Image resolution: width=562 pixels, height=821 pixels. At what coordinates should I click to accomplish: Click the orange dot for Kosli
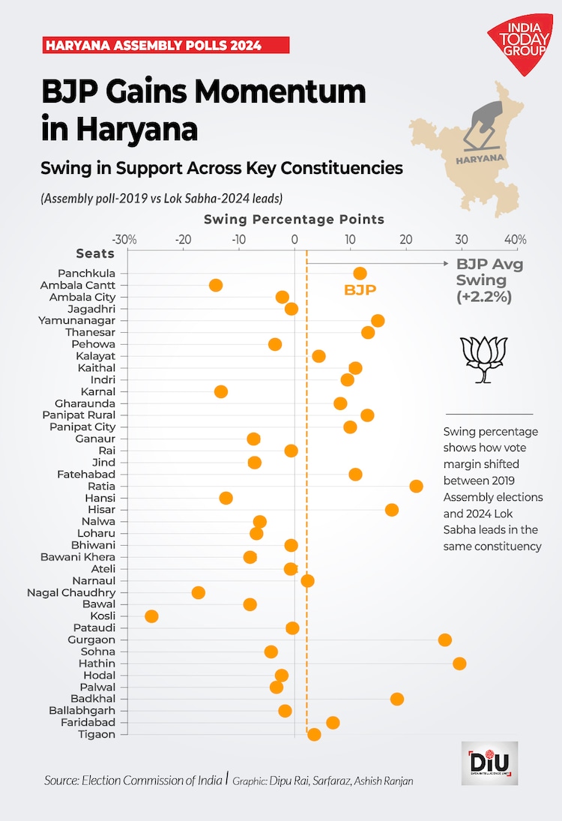[x=151, y=616]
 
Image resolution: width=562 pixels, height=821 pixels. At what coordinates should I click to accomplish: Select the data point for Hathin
[x=459, y=664]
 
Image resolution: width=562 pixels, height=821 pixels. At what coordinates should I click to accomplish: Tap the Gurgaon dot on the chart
[x=445, y=640]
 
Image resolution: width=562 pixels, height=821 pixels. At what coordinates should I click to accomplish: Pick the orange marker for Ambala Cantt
[x=216, y=285]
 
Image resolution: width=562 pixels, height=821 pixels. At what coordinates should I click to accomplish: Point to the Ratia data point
[x=417, y=486]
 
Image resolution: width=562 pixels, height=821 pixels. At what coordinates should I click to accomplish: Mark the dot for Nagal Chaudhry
[x=199, y=592]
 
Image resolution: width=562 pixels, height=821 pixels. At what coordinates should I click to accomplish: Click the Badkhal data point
[x=397, y=699]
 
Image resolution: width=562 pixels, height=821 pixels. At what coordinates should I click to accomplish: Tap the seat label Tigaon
[x=97, y=734]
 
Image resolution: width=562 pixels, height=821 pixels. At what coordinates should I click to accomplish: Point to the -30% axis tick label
[x=125, y=240]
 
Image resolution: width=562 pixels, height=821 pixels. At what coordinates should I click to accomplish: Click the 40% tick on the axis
[x=516, y=240]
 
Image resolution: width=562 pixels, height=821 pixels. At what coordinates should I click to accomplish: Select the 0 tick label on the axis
[x=294, y=240]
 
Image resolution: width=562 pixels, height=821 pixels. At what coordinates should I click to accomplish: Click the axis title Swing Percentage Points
[x=294, y=220]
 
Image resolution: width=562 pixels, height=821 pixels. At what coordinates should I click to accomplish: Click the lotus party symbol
[x=483, y=359]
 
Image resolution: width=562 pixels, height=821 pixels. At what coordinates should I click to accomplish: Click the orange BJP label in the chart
[x=360, y=290]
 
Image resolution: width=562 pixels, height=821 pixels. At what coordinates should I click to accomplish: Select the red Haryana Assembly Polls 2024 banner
[x=165, y=45]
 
